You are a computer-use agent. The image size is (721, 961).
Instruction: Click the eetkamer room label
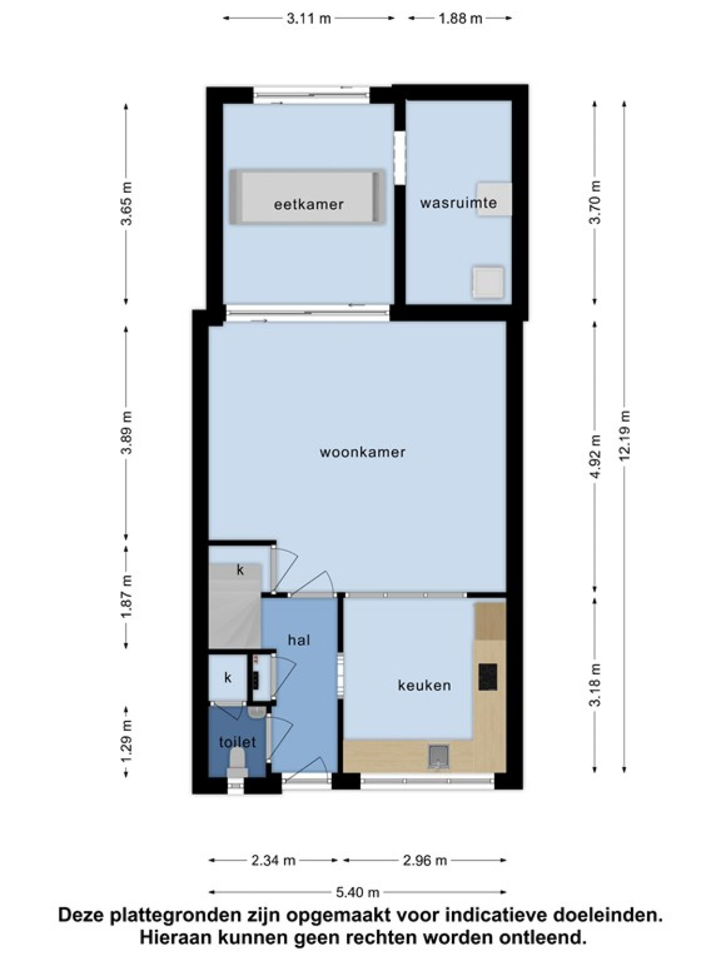tap(309, 204)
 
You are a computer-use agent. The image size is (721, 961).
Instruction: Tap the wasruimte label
tap(458, 202)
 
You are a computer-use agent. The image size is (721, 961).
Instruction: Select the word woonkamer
tap(362, 452)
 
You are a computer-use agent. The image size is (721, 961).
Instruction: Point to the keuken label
tap(424, 685)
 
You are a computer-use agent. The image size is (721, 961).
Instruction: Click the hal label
tap(299, 640)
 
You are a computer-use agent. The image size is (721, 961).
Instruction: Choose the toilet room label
tap(237, 742)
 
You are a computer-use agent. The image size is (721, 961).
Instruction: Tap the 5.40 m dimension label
tap(357, 892)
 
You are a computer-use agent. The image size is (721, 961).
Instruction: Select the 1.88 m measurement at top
tap(460, 19)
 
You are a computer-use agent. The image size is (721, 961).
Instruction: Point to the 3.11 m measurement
tap(309, 19)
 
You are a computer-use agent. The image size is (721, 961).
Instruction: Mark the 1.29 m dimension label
tap(126, 741)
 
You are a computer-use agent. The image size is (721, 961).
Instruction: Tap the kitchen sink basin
tap(439, 757)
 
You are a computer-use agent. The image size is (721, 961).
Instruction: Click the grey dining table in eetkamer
tap(307, 197)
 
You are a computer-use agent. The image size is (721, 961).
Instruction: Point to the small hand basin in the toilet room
tap(256, 712)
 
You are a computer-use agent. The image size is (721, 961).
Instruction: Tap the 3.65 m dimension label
tap(126, 203)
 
